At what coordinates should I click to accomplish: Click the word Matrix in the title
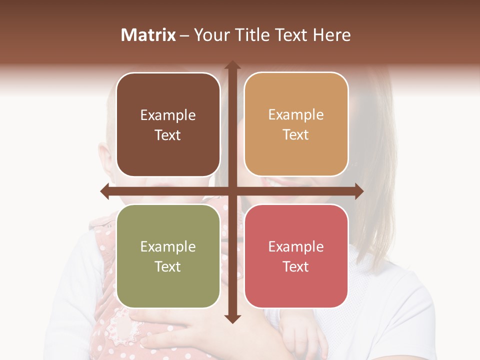(148, 35)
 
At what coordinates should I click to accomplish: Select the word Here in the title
(332, 35)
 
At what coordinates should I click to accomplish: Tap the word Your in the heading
(212, 35)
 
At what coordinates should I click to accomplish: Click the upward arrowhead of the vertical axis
(232, 65)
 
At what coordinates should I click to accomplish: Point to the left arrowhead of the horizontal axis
(105, 191)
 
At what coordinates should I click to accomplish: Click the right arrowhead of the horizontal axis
(358, 191)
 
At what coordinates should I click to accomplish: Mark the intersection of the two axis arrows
(232, 191)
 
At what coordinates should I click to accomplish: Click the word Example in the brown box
(168, 115)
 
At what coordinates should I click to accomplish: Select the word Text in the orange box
(296, 135)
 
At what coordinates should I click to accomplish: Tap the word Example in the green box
(168, 247)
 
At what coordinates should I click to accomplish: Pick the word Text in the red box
(296, 267)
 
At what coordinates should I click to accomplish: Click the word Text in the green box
(168, 267)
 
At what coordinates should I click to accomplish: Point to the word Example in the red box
(296, 247)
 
